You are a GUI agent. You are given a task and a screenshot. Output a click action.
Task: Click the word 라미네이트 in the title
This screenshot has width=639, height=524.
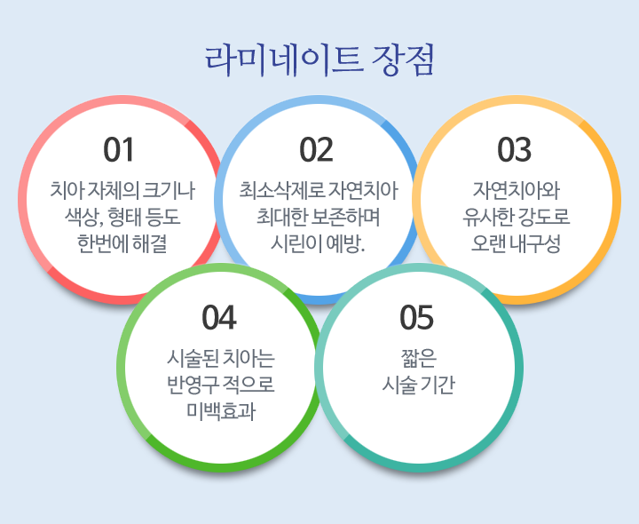(x=284, y=60)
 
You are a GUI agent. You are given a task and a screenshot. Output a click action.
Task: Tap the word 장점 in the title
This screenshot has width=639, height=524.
(x=402, y=60)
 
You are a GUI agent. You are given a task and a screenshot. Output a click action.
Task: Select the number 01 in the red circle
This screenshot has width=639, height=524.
(x=119, y=150)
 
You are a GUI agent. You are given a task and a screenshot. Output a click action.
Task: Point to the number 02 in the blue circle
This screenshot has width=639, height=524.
(x=316, y=150)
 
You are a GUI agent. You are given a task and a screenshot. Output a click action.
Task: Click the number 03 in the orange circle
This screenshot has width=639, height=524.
(x=514, y=150)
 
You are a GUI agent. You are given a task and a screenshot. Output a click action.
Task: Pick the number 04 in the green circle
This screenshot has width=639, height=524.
(x=219, y=317)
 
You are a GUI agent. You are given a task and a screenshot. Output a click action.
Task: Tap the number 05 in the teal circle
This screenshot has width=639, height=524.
(x=416, y=317)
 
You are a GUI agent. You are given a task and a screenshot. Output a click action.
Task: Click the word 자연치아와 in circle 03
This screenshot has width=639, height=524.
(x=517, y=190)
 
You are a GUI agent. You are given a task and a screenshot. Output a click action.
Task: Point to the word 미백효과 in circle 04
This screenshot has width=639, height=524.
(x=221, y=411)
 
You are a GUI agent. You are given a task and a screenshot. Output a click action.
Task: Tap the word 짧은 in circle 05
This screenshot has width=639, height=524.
(x=419, y=358)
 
